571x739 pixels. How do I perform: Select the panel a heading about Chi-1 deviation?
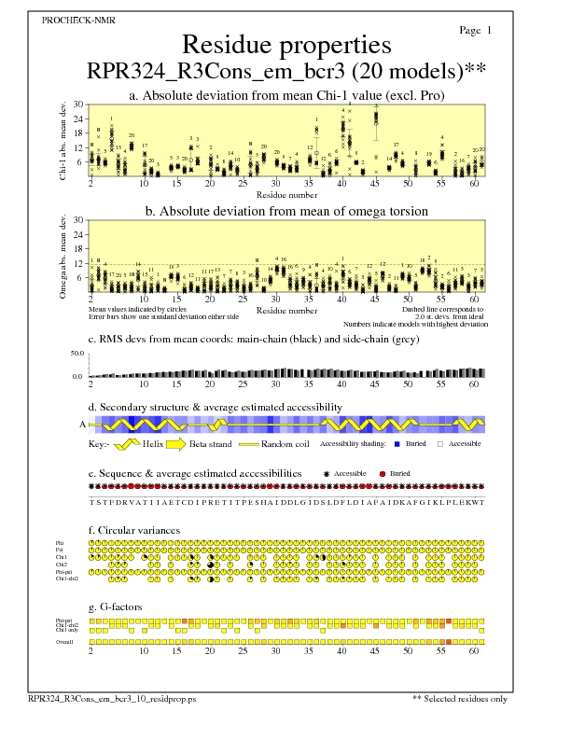tap(285, 95)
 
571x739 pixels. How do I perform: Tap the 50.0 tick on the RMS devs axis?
tap(77, 354)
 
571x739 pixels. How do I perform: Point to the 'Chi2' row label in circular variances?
tap(61, 565)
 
